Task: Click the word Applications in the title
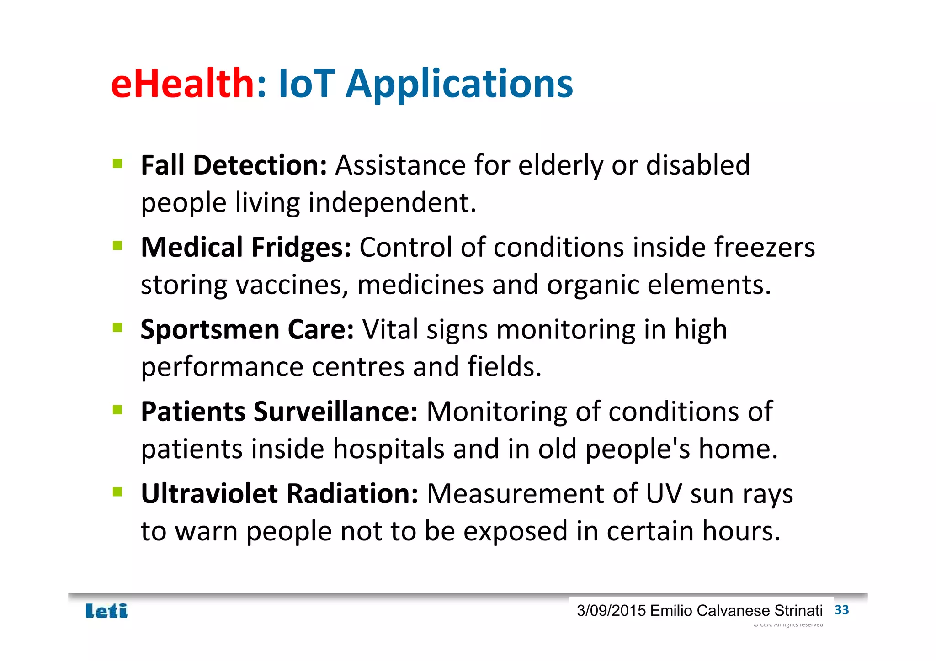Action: click(x=459, y=85)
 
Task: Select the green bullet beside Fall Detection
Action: click(x=117, y=164)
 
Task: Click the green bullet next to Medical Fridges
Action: click(x=117, y=246)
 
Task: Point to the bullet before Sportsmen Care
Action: click(x=117, y=328)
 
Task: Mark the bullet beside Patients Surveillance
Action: click(x=117, y=410)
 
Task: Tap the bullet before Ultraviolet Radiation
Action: click(x=117, y=492)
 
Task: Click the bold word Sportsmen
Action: click(x=210, y=330)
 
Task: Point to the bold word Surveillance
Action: click(x=335, y=412)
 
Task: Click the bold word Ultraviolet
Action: click(x=209, y=494)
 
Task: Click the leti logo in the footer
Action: click(x=106, y=611)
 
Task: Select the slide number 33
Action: click(x=841, y=610)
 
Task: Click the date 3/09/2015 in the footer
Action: click(x=611, y=611)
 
